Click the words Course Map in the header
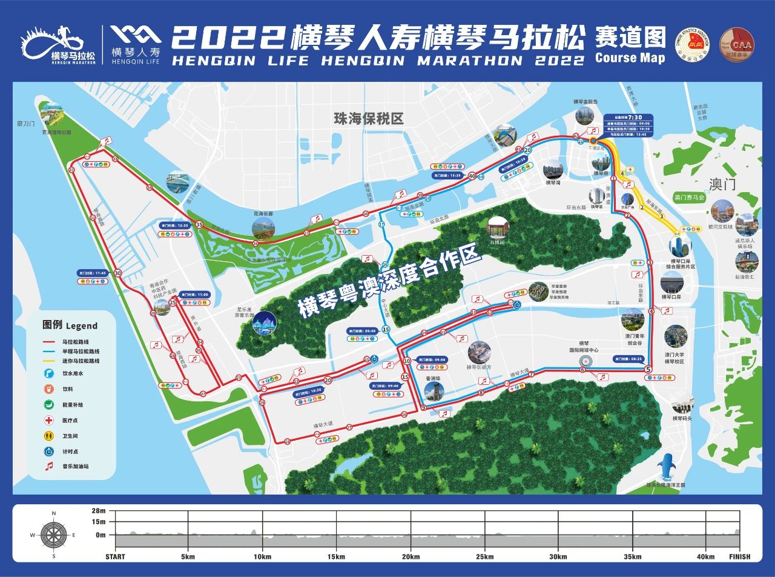[630, 58]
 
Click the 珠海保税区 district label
[368, 118]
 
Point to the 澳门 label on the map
[722, 183]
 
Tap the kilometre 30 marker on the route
[117, 273]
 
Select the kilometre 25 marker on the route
[173, 302]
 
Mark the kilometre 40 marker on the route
[472, 176]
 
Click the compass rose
[53, 535]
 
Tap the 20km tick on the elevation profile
[411, 556]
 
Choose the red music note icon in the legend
[49, 467]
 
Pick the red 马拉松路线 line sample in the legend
[50, 342]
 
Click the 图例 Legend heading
[70, 325]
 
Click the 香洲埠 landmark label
[434, 378]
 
